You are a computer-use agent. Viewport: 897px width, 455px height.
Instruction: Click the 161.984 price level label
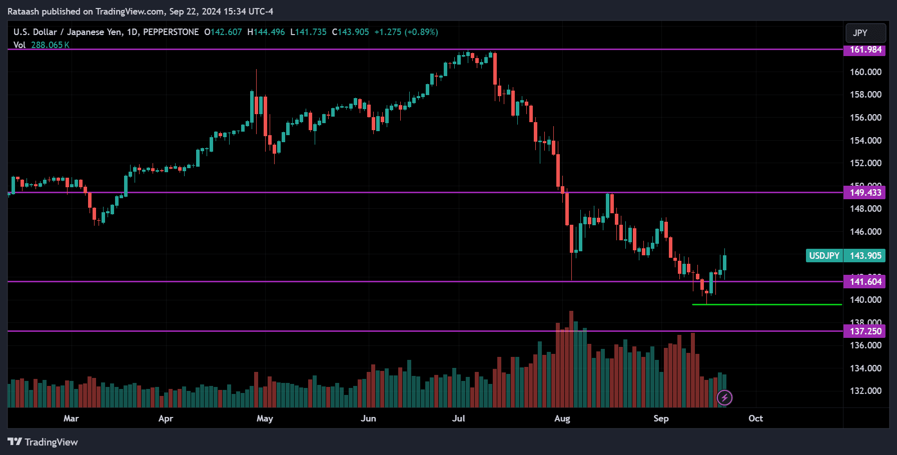point(864,50)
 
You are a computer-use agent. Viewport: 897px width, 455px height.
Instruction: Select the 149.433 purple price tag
point(864,193)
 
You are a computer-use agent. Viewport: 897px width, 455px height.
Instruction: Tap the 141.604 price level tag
point(864,282)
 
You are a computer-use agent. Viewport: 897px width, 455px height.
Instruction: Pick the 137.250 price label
point(864,331)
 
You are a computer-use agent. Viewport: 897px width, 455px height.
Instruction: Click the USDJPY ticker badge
point(824,256)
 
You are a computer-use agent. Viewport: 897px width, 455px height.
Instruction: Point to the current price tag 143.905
point(865,256)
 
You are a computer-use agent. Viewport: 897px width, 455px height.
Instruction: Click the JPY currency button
point(865,33)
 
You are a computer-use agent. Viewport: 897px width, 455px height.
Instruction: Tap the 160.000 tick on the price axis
point(865,72)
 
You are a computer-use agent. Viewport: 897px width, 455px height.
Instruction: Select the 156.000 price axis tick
point(865,118)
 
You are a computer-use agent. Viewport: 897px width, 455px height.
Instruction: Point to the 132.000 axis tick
point(865,391)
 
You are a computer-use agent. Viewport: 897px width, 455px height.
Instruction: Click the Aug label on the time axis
point(562,418)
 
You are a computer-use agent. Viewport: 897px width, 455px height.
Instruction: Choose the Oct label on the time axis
point(755,418)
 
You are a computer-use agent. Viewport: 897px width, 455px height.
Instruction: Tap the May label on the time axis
point(265,418)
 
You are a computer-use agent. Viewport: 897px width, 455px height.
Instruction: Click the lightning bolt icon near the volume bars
point(724,398)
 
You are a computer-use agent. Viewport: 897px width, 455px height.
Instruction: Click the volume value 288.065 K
point(50,45)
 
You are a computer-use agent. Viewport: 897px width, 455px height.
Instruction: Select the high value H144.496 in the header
point(266,32)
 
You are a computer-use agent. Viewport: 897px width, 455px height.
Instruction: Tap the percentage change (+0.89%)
point(421,32)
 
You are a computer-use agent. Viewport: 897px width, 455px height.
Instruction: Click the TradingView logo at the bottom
point(43,442)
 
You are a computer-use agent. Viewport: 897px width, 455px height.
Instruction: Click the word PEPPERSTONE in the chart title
point(171,32)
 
